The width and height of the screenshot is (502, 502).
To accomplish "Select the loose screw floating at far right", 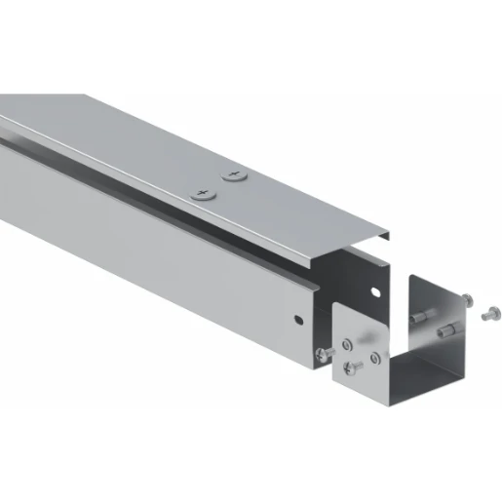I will (489, 313).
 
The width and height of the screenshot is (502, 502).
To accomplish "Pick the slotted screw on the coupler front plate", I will (356, 367).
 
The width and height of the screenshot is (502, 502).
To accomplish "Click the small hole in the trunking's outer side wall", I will (299, 320).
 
